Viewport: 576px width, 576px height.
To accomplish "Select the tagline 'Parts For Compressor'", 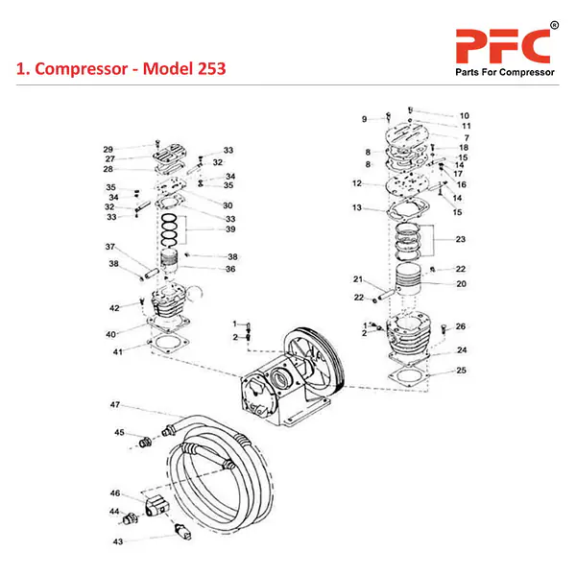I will [503, 74].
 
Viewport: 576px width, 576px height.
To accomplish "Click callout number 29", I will [108, 149].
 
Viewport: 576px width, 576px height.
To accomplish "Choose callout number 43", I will [118, 542].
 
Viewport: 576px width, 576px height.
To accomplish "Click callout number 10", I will [464, 115].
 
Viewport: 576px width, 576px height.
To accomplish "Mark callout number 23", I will [461, 239].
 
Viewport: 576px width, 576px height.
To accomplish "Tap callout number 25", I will [462, 371].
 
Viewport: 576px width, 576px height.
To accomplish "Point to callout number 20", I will [462, 284].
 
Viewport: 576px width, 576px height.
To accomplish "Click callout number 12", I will [356, 183].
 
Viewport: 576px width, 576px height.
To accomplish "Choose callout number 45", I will [120, 432].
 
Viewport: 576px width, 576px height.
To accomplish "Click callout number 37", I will [110, 247].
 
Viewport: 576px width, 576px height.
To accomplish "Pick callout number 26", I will [461, 326].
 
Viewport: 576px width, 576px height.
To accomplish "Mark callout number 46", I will [114, 492].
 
